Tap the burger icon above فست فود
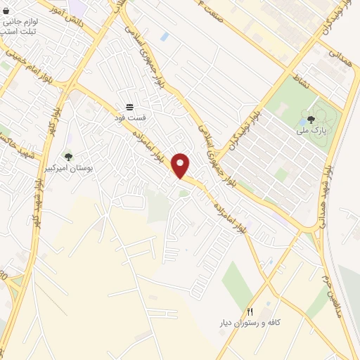130,107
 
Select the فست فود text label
130,117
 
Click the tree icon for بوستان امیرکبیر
68,157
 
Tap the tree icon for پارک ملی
311,118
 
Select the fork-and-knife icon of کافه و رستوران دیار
249,311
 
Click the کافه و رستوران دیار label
249,322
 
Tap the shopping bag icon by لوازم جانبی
6,12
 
